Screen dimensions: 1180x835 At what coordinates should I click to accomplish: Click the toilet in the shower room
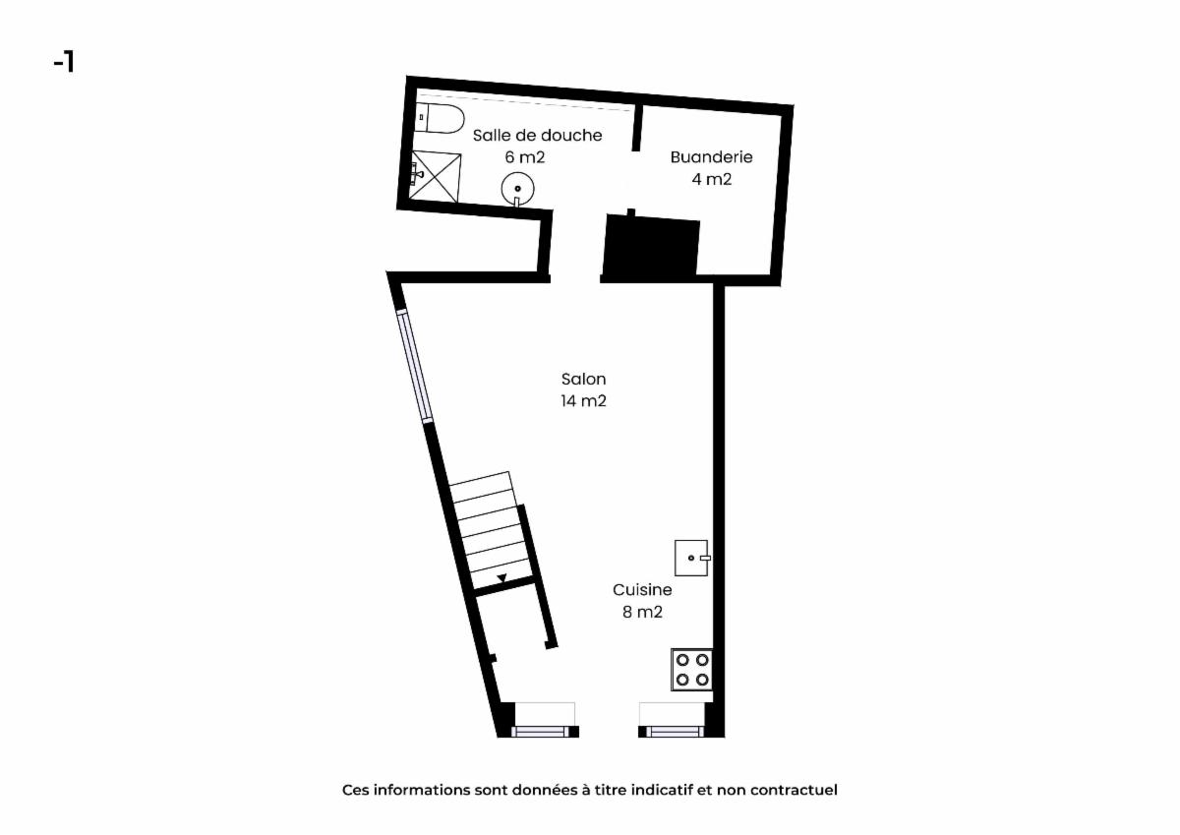tap(439, 119)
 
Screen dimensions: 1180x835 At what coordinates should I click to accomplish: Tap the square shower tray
tap(435, 176)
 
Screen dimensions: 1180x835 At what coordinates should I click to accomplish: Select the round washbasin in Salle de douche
tap(517, 189)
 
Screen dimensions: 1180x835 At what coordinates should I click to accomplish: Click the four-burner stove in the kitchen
tap(691, 669)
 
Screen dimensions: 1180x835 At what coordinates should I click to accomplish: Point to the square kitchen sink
tap(692, 558)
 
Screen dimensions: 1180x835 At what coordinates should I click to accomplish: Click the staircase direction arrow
tap(501, 578)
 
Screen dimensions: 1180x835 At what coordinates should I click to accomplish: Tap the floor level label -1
tap(64, 62)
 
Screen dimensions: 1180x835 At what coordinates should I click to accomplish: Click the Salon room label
tap(583, 379)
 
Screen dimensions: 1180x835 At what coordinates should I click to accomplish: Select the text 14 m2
tap(583, 401)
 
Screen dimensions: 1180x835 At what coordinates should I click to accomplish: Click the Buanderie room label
tap(711, 157)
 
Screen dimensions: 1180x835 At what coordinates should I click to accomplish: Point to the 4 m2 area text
tap(711, 179)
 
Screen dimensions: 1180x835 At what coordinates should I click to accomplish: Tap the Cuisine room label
tap(642, 589)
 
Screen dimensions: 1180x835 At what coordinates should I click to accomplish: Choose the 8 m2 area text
tap(642, 612)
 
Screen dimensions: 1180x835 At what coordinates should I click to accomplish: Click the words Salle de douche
tap(537, 136)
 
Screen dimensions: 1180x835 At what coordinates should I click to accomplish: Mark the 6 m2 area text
tap(525, 157)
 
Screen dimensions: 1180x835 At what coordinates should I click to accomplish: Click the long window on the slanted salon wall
tap(415, 366)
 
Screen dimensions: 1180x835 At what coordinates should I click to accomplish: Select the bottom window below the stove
tap(674, 731)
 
